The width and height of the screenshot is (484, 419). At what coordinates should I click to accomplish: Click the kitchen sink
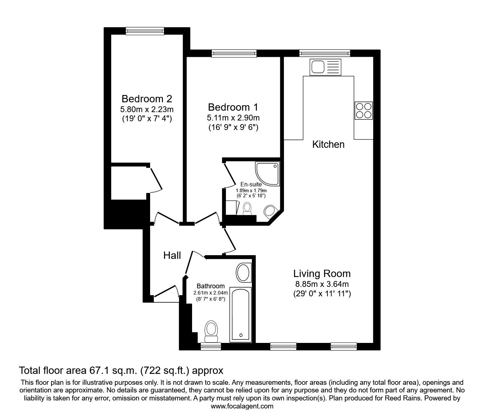(x=325, y=67)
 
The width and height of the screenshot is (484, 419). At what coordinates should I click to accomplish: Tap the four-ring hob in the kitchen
(x=363, y=110)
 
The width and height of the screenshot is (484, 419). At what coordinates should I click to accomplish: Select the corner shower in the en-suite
(x=268, y=174)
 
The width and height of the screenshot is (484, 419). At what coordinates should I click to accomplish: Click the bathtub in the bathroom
(x=240, y=314)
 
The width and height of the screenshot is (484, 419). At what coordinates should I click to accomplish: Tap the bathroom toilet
(x=211, y=331)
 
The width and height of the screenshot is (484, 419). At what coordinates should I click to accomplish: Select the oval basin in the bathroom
(x=243, y=273)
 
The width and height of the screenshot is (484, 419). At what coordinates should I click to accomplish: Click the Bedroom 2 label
(x=147, y=99)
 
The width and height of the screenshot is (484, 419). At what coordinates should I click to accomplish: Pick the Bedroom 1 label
(x=233, y=107)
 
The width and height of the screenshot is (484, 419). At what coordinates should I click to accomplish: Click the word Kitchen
(x=328, y=145)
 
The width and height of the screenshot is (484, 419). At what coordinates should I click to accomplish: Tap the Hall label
(x=172, y=256)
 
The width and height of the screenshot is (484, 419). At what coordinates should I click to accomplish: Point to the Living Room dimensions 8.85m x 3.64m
(x=322, y=284)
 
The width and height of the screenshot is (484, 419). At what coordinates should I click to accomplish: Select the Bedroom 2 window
(x=144, y=31)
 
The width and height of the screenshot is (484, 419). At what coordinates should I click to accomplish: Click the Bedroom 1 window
(x=234, y=54)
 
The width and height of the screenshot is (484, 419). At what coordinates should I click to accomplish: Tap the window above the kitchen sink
(x=325, y=54)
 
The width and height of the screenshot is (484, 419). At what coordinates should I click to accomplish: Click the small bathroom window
(x=211, y=347)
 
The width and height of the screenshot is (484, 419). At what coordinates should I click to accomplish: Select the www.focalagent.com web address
(x=242, y=406)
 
